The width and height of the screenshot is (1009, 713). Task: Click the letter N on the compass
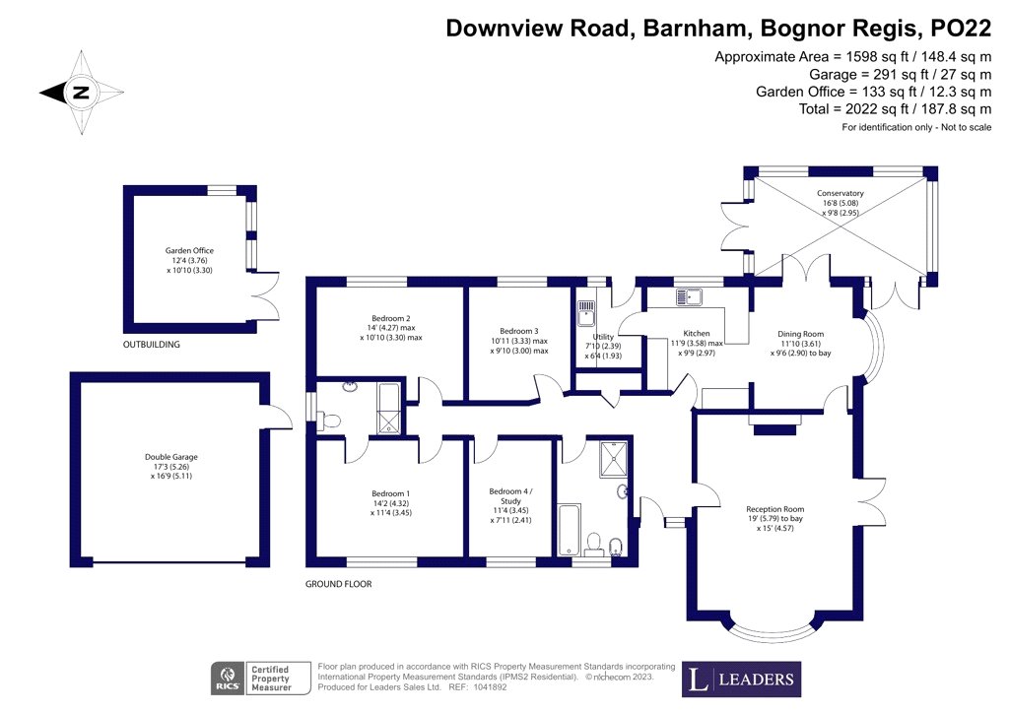pyautogui.click(x=81, y=92)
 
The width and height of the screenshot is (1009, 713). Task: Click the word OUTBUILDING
pyautogui.click(x=151, y=345)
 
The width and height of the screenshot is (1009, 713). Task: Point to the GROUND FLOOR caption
pyautogui.click(x=339, y=584)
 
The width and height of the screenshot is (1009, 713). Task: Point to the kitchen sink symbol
pyautogui.click(x=689, y=297)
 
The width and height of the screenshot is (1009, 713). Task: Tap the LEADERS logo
pyautogui.click(x=741, y=680)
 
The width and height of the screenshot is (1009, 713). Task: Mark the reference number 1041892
pyautogui.click(x=490, y=687)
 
